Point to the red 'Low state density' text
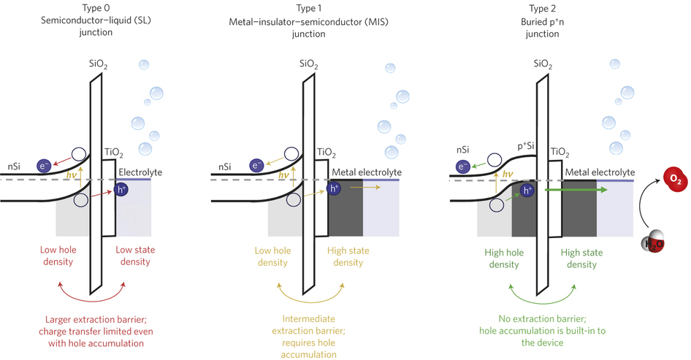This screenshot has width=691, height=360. pos(138,256)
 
